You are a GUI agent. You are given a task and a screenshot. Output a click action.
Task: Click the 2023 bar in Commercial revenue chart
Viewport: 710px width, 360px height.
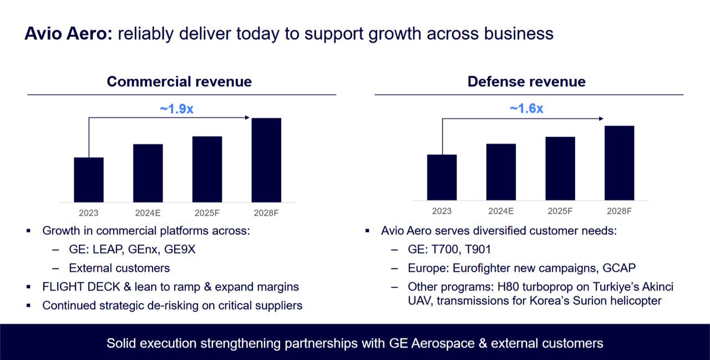(x=89, y=180)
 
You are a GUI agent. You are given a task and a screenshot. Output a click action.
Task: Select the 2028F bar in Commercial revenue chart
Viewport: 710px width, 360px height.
(x=266, y=160)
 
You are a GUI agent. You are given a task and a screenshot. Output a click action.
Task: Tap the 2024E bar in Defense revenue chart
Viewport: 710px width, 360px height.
(x=501, y=172)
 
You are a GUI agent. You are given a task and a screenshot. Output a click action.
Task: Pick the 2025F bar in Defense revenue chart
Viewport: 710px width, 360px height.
(x=560, y=168)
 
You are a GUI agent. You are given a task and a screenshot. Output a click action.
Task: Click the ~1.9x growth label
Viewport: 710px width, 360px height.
(x=176, y=109)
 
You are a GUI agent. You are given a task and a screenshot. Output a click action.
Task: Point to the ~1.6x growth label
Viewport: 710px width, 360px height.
(x=526, y=109)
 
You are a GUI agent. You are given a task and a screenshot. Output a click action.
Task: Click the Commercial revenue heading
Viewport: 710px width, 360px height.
(x=179, y=82)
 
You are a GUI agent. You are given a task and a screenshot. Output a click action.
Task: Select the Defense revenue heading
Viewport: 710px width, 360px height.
(x=526, y=82)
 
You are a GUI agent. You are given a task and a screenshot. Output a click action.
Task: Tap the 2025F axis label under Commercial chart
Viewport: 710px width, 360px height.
(x=207, y=212)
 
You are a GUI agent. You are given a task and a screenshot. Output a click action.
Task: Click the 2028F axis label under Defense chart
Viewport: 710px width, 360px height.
(x=619, y=211)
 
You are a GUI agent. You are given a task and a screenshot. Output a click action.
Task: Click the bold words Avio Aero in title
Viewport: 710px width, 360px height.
(x=69, y=33)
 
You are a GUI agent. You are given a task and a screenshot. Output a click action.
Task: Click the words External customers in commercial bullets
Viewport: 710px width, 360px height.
(x=119, y=268)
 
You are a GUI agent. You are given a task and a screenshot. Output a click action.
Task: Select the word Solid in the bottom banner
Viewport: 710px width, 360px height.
(x=121, y=343)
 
